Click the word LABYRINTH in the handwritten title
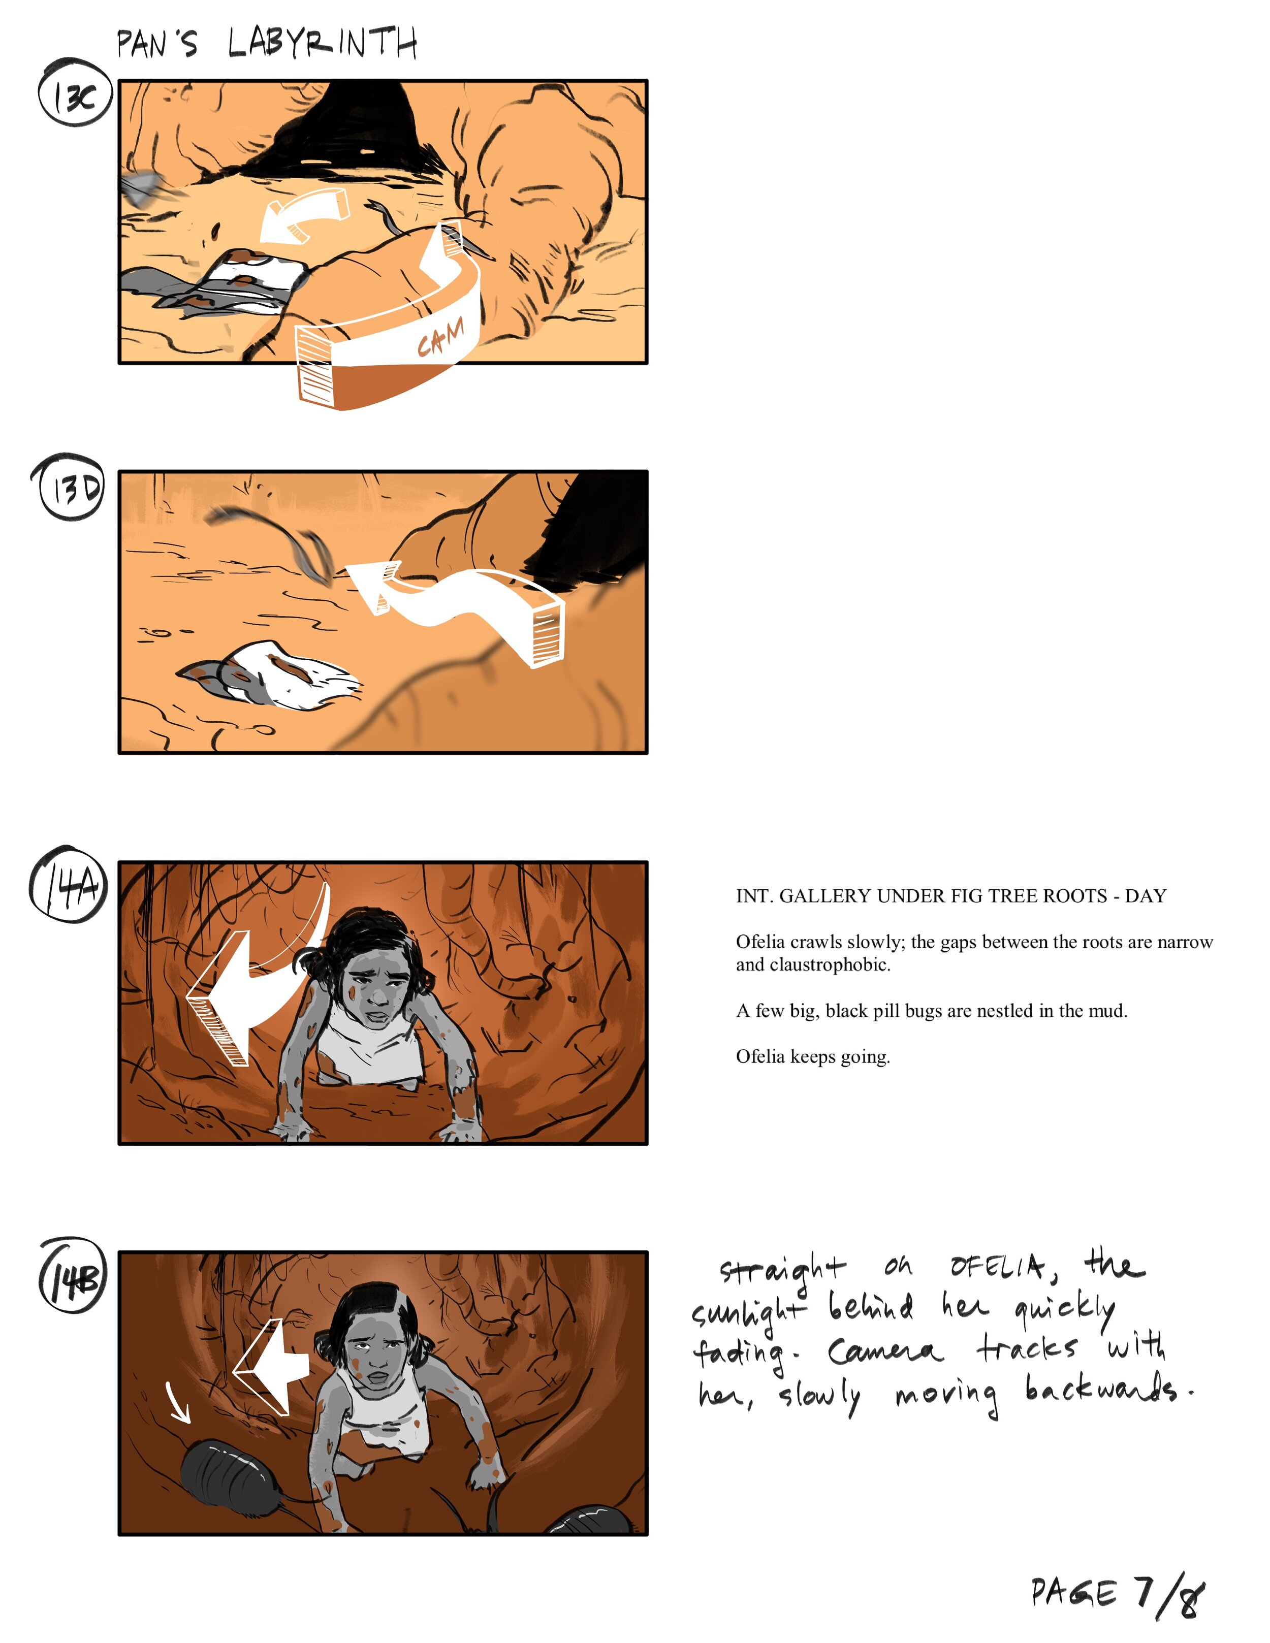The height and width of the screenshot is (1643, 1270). [322, 43]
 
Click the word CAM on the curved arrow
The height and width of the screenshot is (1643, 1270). [441, 338]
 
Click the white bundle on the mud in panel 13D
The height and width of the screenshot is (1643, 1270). [271, 675]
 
